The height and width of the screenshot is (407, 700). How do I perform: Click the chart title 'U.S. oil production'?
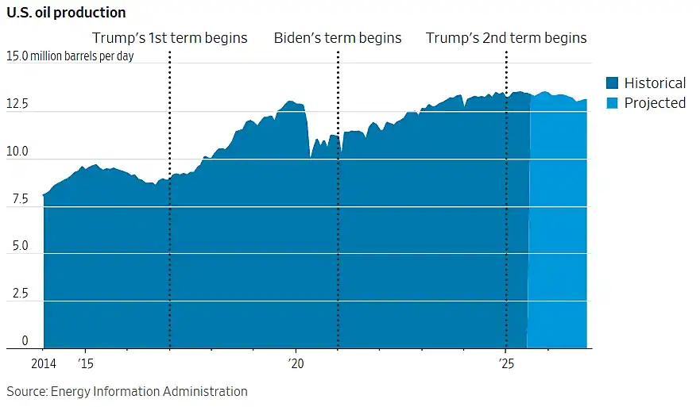pyautogui.click(x=66, y=13)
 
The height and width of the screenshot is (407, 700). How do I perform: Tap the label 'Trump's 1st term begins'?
pyautogui.click(x=170, y=38)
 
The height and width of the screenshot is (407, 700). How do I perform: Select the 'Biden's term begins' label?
pyautogui.click(x=338, y=38)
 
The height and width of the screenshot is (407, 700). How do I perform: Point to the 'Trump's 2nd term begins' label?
pyautogui.click(x=506, y=38)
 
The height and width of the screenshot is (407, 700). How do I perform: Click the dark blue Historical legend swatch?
pyautogui.click(x=612, y=83)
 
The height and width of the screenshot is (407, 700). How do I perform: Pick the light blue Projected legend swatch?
pyautogui.click(x=612, y=103)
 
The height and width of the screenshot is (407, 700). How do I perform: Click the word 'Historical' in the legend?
pyautogui.click(x=655, y=83)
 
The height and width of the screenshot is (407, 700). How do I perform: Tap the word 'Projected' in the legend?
pyautogui.click(x=655, y=103)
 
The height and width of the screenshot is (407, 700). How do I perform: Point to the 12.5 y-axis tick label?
pyautogui.click(x=17, y=104)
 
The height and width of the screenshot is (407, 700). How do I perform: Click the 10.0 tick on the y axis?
pyautogui.click(x=17, y=151)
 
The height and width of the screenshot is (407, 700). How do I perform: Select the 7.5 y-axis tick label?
pyautogui.click(x=20, y=198)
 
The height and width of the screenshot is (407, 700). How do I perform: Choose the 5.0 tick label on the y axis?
pyautogui.click(x=20, y=246)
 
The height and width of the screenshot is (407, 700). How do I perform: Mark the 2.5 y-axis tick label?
pyautogui.click(x=20, y=293)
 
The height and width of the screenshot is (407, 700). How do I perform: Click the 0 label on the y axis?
pyautogui.click(x=25, y=340)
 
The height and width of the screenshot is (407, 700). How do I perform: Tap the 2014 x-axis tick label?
pyautogui.click(x=44, y=363)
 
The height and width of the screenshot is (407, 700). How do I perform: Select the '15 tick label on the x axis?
pyautogui.click(x=86, y=363)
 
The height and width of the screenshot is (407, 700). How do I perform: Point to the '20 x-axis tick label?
pyautogui.click(x=296, y=363)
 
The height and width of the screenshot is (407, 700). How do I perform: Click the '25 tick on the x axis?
pyautogui.click(x=506, y=363)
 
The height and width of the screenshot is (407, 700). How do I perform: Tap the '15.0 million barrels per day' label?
pyautogui.click(x=70, y=56)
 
